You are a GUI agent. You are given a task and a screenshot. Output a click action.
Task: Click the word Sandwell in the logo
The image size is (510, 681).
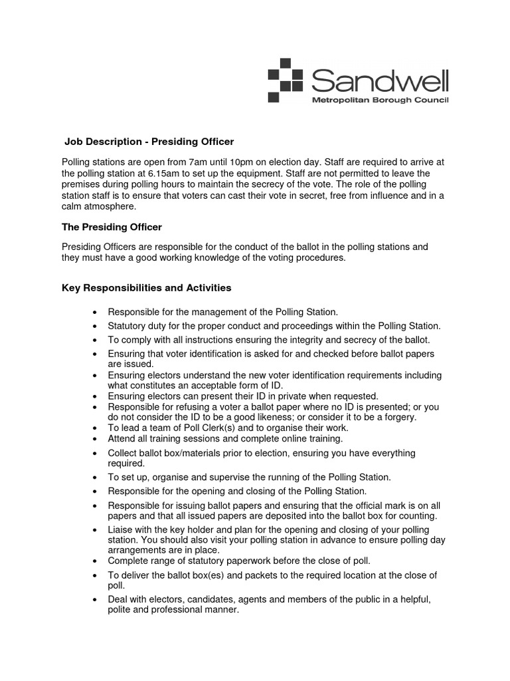pyautogui.click(x=380, y=81)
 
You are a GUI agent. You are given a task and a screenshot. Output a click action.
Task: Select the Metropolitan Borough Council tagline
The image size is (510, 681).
pyautogui.click(x=381, y=100)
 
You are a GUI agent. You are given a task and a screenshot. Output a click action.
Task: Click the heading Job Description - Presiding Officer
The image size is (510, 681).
pyautogui.click(x=149, y=142)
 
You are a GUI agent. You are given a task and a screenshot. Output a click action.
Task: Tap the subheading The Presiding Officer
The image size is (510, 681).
pyautogui.click(x=112, y=227)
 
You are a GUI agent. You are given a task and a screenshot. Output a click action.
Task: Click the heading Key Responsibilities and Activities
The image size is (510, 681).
pyautogui.click(x=146, y=288)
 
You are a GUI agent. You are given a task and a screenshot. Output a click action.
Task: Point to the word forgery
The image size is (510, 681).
pyautogui.click(x=398, y=417)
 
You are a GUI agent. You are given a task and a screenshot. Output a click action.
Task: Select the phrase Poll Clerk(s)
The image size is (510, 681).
pyautogui.click(x=199, y=428)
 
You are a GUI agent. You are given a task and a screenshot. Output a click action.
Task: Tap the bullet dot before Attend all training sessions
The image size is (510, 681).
pyautogui.click(x=96, y=440)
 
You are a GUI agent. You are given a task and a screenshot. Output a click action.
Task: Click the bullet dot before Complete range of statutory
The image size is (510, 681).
pyautogui.click(x=96, y=561)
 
